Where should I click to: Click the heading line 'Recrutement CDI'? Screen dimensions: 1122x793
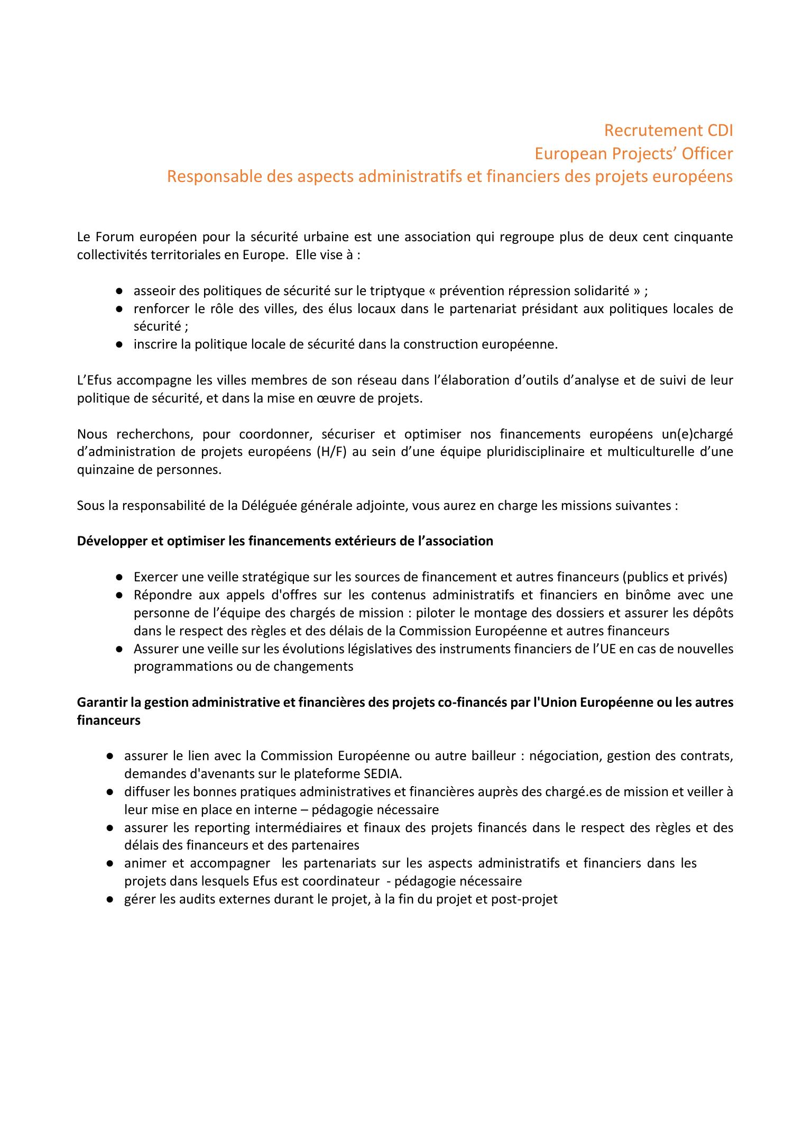pos(668,130)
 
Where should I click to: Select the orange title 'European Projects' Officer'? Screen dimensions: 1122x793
pos(633,153)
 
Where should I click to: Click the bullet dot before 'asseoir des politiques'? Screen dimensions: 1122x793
pos(120,291)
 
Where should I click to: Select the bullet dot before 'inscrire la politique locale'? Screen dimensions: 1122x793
pos(120,344)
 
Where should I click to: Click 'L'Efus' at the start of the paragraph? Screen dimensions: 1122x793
pos(95,380)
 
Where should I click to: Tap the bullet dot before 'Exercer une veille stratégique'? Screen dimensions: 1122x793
pos(120,577)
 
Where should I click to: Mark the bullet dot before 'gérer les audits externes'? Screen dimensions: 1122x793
pos(110,899)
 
